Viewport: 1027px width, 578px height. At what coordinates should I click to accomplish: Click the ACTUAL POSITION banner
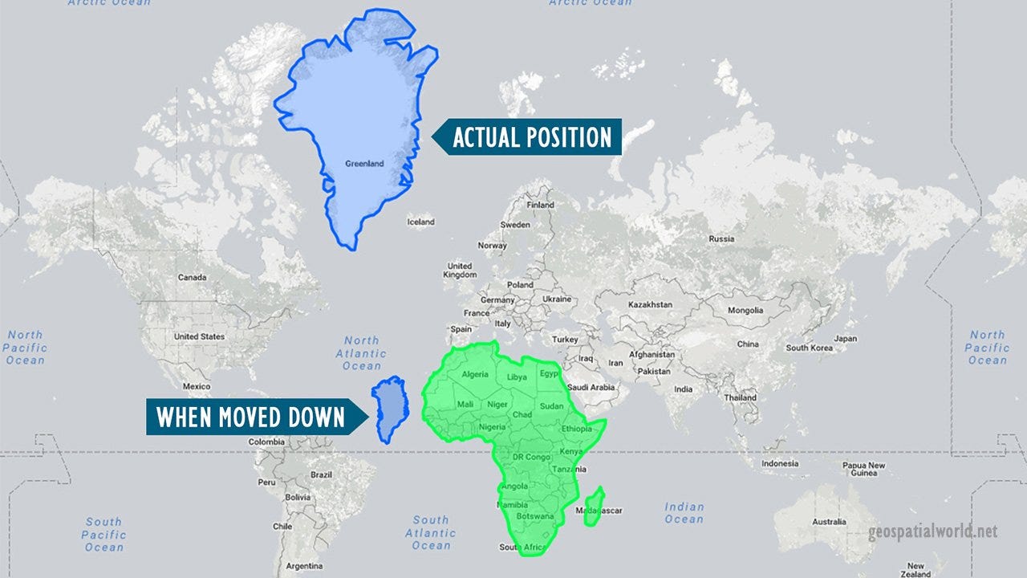(532, 137)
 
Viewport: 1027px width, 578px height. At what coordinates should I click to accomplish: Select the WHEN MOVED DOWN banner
(250, 417)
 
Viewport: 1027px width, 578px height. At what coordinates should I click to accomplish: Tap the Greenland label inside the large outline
(364, 164)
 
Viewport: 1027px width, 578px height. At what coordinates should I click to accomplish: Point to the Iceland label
(420, 222)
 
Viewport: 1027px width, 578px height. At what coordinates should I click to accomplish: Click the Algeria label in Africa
(474, 375)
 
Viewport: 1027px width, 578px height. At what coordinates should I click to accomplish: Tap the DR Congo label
(531, 457)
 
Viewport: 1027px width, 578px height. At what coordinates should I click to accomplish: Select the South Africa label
(522, 547)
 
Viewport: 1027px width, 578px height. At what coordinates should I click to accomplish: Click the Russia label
(721, 238)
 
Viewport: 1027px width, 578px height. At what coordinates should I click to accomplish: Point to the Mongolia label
(745, 310)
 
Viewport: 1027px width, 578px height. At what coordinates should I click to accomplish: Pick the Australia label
(829, 522)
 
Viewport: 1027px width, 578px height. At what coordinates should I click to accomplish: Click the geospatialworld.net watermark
(932, 532)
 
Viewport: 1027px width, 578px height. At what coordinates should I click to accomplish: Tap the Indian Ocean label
(684, 513)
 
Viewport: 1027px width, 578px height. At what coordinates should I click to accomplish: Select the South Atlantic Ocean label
(431, 533)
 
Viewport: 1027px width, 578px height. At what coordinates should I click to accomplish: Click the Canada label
(192, 278)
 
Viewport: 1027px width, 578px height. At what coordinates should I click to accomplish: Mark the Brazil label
(321, 474)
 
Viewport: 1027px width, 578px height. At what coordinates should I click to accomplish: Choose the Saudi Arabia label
(591, 387)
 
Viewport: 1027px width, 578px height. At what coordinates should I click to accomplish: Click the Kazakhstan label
(650, 305)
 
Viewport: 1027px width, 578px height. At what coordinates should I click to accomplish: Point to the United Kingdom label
(460, 271)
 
